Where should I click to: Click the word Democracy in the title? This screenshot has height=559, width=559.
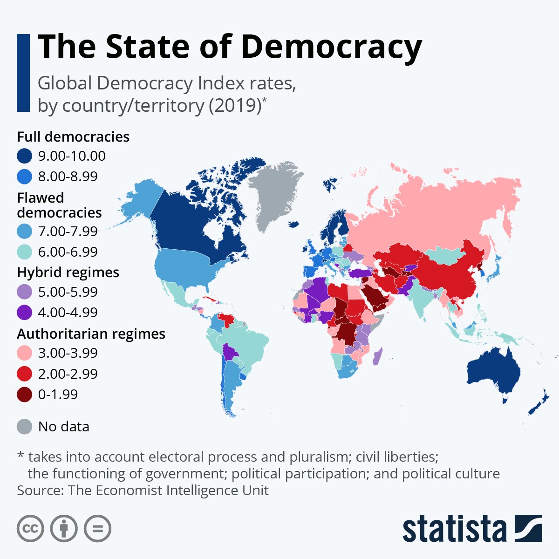pos(331,47)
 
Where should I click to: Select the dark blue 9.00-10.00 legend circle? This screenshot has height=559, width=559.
pos(24,156)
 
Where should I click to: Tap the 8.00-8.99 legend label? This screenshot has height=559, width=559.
pos(68,177)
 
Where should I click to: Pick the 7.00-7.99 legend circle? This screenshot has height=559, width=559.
pos(24,232)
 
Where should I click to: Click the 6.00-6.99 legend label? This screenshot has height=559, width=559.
pos(68,252)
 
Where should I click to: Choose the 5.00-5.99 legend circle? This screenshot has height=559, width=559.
pos(24,292)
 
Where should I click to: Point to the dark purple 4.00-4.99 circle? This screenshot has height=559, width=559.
pos(24,313)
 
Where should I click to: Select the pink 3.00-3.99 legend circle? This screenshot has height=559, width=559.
pos(24,353)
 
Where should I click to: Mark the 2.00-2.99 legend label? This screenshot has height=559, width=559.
pos(68,374)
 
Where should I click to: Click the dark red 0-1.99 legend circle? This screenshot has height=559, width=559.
pos(24,395)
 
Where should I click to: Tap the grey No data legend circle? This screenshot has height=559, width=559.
pos(24,427)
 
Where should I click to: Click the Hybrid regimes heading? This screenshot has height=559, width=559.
pos(68,273)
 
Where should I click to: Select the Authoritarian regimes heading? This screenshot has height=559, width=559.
pos(91,334)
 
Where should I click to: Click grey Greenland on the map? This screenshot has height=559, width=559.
pos(273,191)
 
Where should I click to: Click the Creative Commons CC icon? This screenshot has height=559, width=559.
pos(30,529)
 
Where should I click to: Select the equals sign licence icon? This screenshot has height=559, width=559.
pos(98,529)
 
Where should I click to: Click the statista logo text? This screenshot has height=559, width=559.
pos(454,529)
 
